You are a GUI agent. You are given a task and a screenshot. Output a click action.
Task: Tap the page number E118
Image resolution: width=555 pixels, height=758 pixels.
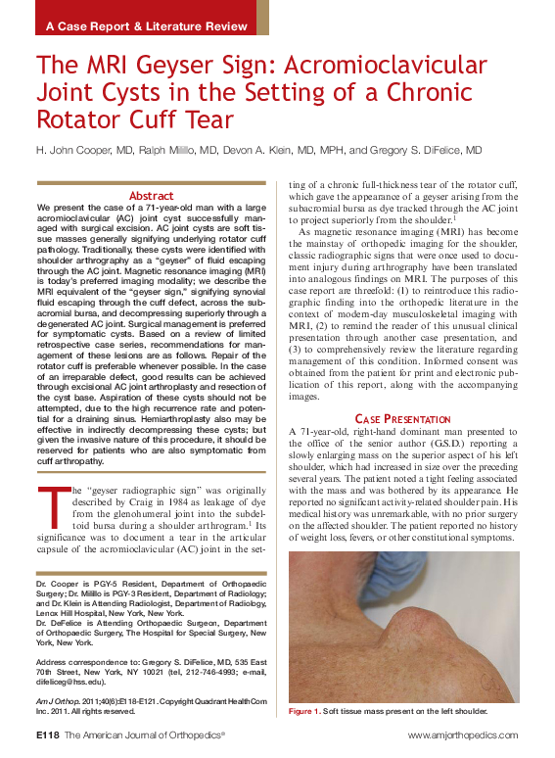48,734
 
